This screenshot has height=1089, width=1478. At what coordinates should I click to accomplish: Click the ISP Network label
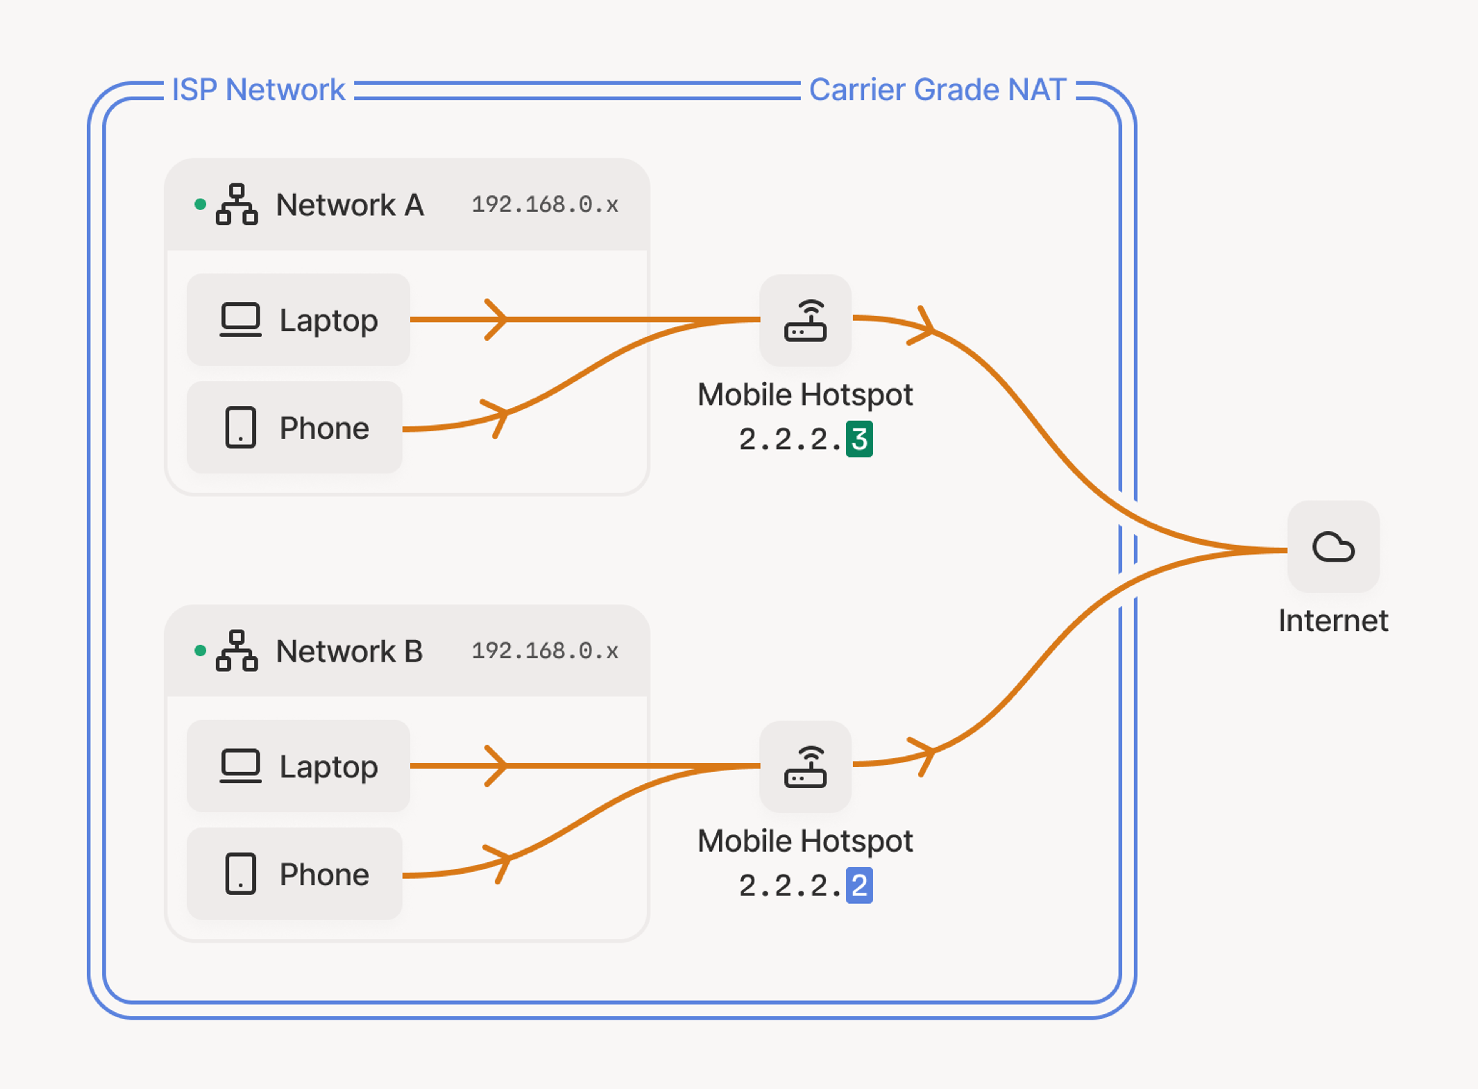coord(258,90)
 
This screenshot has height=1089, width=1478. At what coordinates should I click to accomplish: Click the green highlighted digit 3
coord(859,439)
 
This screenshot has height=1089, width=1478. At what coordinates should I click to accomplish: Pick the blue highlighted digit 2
coord(859,885)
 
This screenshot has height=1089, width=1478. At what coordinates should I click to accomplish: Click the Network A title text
coord(349,205)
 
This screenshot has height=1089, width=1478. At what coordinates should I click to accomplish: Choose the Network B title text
coord(349,651)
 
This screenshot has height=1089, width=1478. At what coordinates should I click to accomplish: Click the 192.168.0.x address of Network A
coord(545,205)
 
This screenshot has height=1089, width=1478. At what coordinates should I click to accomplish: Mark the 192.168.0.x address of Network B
coord(545,651)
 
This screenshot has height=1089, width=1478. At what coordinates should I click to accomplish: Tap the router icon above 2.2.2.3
coord(805,321)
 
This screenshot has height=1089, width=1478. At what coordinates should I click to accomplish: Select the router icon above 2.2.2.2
coord(805,767)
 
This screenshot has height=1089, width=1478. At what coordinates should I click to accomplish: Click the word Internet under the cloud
coord(1333,621)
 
